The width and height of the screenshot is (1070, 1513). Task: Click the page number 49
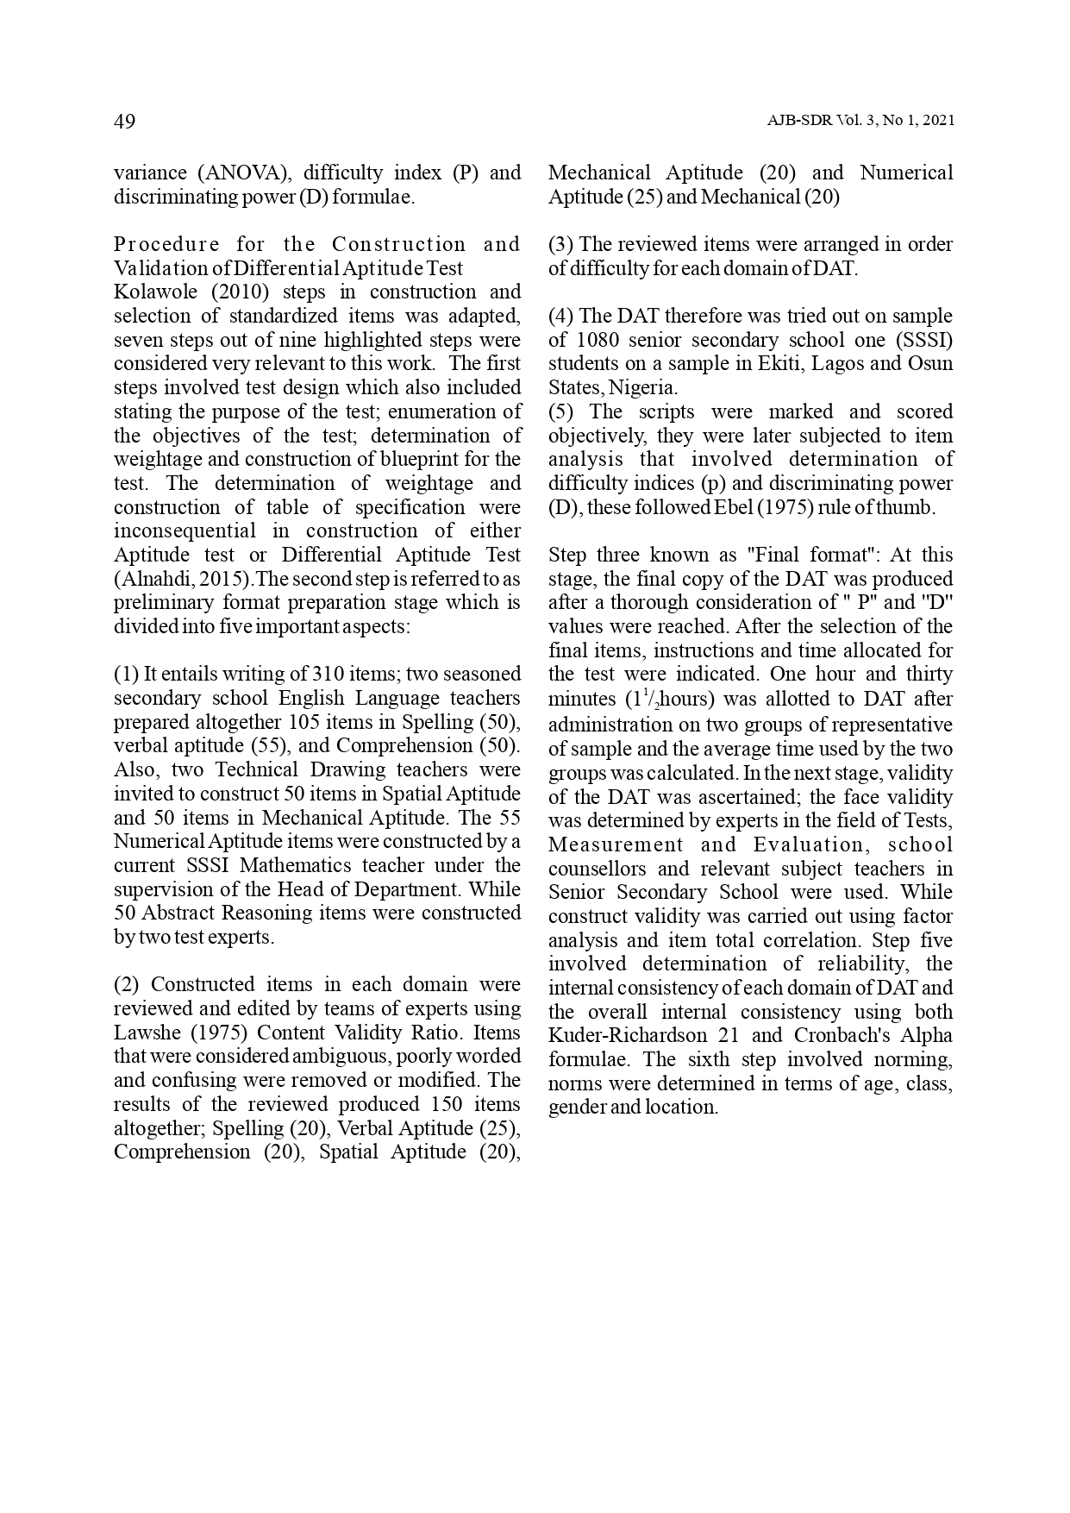pos(124,122)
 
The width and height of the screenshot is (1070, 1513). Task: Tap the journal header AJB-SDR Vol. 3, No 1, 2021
pos(860,122)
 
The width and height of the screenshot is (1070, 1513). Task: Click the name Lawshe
pos(147,1033)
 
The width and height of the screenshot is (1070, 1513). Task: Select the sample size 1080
pos(596,340)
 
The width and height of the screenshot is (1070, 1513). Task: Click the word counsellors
pos(600,869)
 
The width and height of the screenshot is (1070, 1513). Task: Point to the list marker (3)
pos(561,244)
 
